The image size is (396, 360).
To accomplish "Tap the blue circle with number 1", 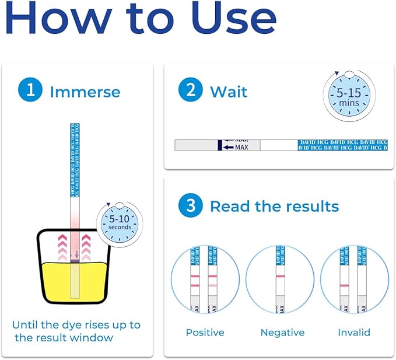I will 29,92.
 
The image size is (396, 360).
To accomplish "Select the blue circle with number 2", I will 190,92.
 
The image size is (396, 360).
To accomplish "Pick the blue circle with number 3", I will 190,206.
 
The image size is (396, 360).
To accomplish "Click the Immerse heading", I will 85,92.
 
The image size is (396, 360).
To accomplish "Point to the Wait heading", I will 229,92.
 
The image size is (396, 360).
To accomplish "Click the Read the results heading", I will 274,207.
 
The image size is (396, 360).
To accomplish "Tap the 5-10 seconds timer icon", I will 120,223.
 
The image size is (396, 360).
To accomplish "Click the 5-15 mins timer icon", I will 349,96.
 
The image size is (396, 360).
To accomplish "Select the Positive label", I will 205,333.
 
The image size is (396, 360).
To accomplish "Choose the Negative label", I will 282,333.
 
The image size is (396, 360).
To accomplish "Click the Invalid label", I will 354,333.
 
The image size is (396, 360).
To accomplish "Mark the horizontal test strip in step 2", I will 281,145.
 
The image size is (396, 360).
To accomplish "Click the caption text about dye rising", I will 76,331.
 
